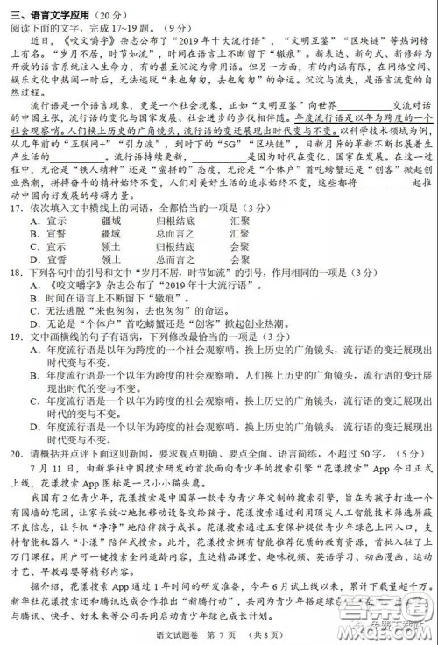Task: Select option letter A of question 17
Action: click(x=33, y=223)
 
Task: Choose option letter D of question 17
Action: click(x=33, y=259)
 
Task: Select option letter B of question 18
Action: click(x=33, y=297)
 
